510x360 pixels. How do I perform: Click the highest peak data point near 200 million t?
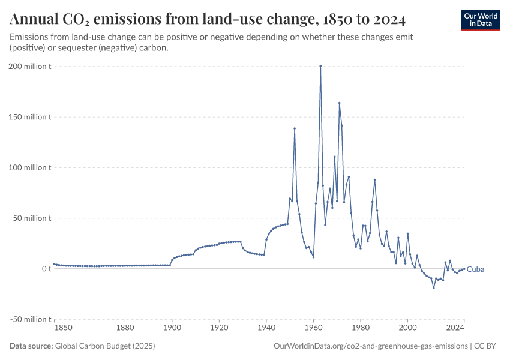(320, 66)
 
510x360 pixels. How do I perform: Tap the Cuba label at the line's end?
(475, 269)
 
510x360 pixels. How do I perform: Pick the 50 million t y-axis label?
(32, 218)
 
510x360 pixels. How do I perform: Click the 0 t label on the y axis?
(46, 269)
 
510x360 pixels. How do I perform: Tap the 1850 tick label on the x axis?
(63, 328)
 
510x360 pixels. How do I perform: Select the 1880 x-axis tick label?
(125, 328)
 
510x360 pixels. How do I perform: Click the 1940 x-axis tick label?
(266, 328)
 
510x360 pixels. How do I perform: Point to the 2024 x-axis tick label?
(455, 328)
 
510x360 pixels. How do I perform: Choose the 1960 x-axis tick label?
(313, 328)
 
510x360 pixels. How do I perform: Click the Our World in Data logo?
(481, 20)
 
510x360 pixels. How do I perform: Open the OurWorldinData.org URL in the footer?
(370, 346)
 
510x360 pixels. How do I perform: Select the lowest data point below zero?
(433, 288)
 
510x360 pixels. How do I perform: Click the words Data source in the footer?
(31, 346)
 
